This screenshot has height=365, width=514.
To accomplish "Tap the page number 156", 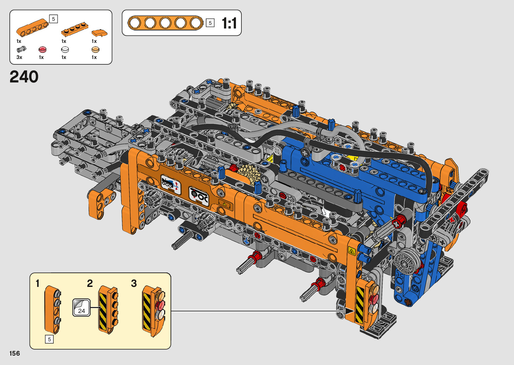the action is click(x=15, y=353).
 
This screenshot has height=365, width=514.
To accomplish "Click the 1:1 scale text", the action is click(x=229, y=23).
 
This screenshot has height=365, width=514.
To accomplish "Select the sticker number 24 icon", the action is click(x=82, y=308).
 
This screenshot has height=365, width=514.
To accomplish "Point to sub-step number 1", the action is click(x=38, y=284).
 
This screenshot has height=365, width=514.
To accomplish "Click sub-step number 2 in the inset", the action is click(x=90, y=284).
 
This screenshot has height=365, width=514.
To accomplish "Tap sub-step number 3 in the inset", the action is click(x=134, y=284).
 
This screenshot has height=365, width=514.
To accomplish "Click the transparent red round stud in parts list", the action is click(x=42, y=49).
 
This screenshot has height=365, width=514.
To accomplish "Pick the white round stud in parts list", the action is click(x=65, y=49).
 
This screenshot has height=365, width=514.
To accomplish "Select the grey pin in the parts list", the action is click(x=21, y=49).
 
